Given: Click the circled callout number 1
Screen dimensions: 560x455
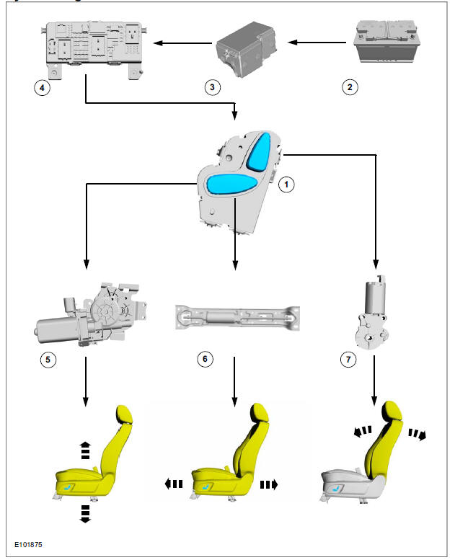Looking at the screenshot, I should click(x=286, y=185).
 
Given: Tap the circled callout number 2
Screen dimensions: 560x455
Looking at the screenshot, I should click(x=349, y=87).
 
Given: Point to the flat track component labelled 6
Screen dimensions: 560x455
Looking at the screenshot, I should click(x=235, y=317).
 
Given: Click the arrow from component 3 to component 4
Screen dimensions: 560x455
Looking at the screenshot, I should click(x=180, y=44).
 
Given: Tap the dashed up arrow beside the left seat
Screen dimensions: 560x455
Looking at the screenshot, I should click(x=84, y=449).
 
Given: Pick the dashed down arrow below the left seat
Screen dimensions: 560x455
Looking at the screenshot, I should click(x=84, y=513).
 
